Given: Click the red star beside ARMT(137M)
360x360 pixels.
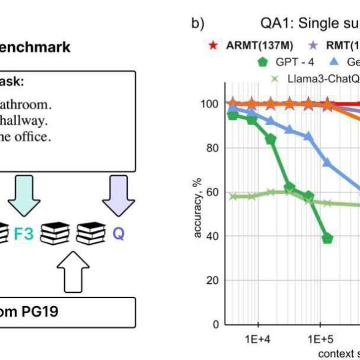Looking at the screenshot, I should click(212, 46).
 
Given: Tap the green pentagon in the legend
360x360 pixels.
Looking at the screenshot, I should click(262, 61).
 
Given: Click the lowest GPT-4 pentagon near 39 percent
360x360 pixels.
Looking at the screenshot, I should click(327, 238).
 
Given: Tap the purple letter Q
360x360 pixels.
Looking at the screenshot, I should click(119, 233).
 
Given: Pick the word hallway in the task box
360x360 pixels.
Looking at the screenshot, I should click(24, 120).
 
